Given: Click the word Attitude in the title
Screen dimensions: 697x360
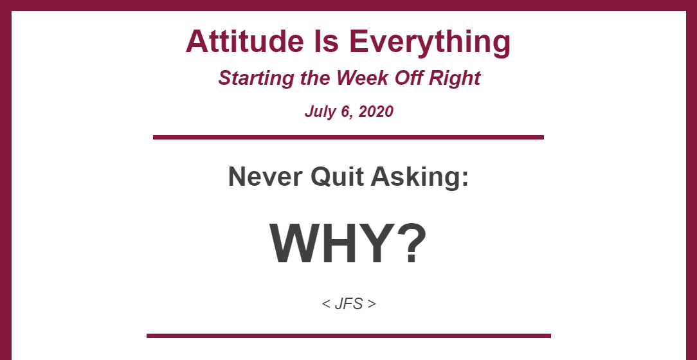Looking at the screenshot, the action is point(244,41).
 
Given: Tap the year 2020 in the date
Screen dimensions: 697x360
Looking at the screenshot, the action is point(376,111).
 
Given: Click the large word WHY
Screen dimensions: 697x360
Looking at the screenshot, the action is point(334,244).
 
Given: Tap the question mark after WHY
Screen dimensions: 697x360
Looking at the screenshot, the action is point(413,244).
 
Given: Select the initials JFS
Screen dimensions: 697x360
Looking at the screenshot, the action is point(348,304).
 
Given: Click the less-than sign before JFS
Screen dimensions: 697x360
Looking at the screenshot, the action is point(326,305).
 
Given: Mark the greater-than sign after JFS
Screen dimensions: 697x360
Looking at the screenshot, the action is point(372,305).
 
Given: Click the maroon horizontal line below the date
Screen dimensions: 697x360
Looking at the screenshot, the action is point(348,138).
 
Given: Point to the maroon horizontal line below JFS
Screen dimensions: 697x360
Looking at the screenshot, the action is point(348,336).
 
